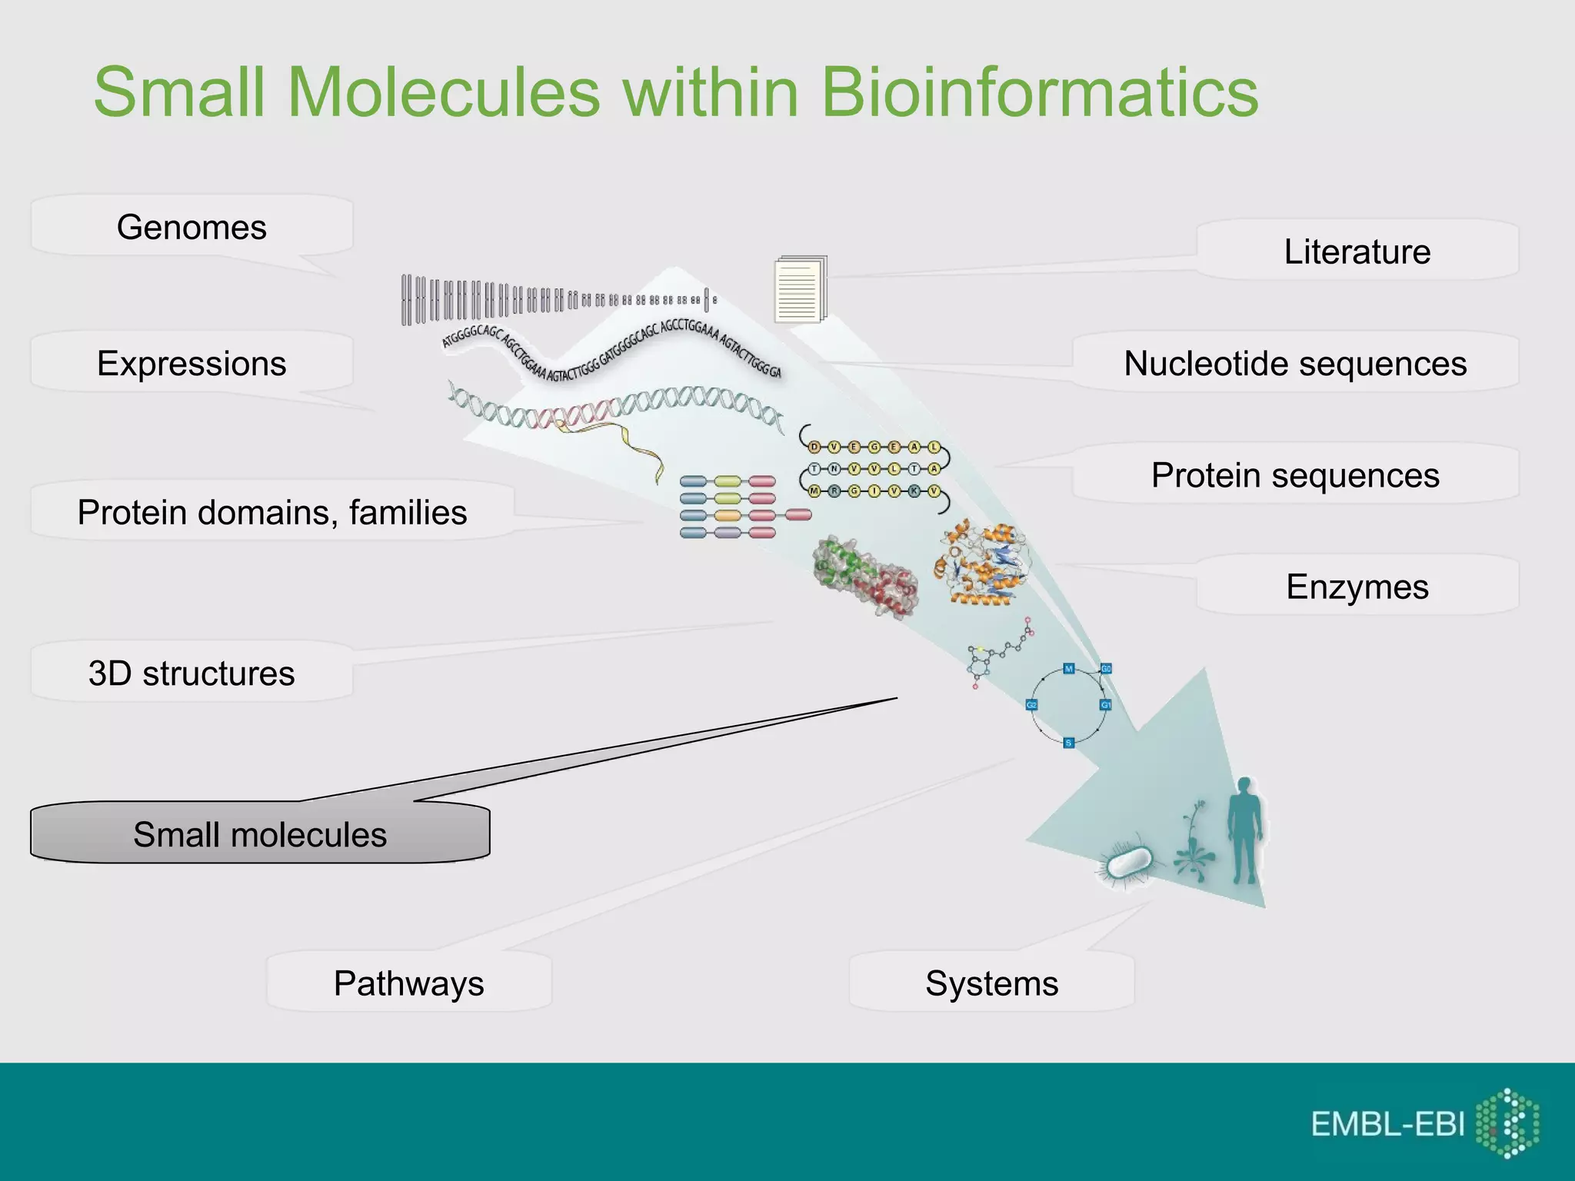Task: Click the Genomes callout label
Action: tap(191, 228)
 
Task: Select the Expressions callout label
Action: tap(191, 364)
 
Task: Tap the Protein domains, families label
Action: tap(272, 512)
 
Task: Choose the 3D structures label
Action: tap(191, 674)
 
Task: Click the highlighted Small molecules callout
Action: tap(260, 834)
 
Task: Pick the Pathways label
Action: tap(408, 983)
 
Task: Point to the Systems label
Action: tap(991, 983)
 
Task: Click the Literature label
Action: tap(1357, 251)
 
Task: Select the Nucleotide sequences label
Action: tap(1295, 364)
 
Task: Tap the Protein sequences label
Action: tap(1295, 475)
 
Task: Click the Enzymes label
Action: tap(1357, 587)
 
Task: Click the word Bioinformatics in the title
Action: tap(1039, 92)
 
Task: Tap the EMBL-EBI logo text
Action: tap(1387, 1124)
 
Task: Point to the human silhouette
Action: tap(1244, 830)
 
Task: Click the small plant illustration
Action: tap(1194, 842)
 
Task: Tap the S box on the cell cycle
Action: tap(1068, 743)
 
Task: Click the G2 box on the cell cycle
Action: tap(1032, 704)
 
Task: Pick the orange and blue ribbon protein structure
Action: tap(982, 563)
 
